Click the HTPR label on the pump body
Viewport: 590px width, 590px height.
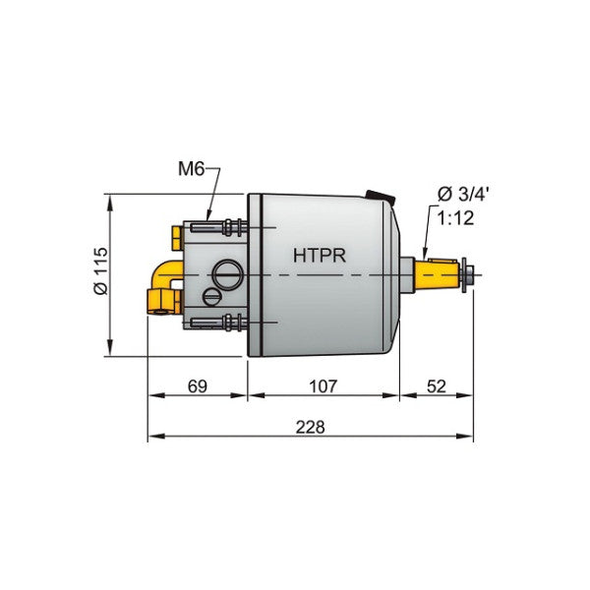point(318,255)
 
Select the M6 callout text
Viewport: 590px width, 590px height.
point(192,169)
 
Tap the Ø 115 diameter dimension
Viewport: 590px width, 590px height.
point(99,274)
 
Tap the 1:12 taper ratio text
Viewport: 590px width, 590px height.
point(456,218)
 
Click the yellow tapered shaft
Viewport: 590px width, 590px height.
point(438,273)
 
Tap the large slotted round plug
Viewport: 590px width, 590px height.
point(227,271)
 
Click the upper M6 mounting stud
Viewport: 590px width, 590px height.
point(213,228)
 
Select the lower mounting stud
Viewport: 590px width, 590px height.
point(213,322)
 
